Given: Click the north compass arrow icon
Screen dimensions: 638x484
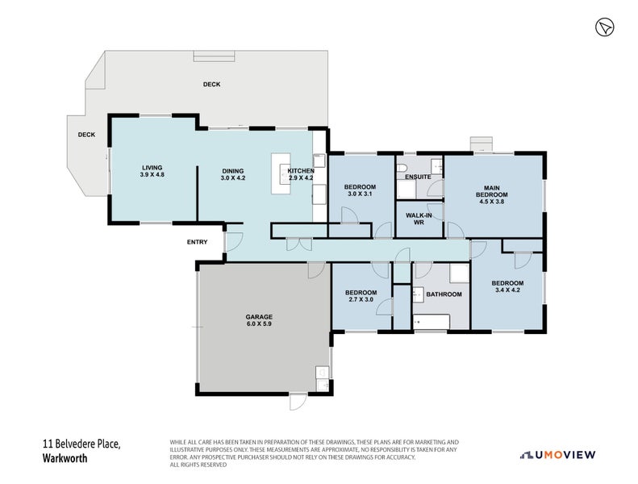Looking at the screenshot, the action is pyautogui.click(x=605, y=27).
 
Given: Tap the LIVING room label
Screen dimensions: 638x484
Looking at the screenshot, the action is pyautogui.click(x=152, y=167).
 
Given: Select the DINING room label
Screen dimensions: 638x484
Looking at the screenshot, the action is pyautogui.click(x=233, y=171).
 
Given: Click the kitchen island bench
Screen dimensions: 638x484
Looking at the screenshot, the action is pyautogui.click(x=281, y=173).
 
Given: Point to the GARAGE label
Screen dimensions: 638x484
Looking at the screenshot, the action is pyautogui.click(x=259, y=317).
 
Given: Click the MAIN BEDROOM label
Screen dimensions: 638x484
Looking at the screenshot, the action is pyautogui.click(x=492, y=191).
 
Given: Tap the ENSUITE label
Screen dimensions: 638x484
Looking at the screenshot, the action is pyautogui.click(x=418, y=177).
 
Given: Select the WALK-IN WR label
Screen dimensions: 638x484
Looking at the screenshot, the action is pyautogui.click(x=419, y=219).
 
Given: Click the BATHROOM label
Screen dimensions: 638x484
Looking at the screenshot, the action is pyautogui.click(x=444, y=294).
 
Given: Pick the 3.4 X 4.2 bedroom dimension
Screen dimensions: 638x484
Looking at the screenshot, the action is pyautogui.click(x=507, y=290).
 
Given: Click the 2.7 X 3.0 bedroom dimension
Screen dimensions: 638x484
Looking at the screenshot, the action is pyautogui.click(x=361, y=299).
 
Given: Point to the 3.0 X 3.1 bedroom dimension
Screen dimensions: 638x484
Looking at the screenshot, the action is pyautogui.click(x=360, y=194).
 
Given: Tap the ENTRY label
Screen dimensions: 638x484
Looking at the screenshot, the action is pyautogui.click(x=198, y=242).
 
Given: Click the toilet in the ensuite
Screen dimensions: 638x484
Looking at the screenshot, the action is pyautogui.click(x=402, y=168).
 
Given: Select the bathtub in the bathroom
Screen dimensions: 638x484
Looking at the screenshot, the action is pyautogui.click(x=432, y=322).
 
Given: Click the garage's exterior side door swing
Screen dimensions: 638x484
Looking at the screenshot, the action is pyautogui.click(x=298, y=402).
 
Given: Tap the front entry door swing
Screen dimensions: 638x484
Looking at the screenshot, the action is pyautogui.click(x=234, y=242).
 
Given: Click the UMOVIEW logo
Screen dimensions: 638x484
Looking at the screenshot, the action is pyautogui.click(x=558, y=455).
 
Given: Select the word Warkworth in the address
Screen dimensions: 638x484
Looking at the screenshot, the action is pyautogui.click(x=65, y=458).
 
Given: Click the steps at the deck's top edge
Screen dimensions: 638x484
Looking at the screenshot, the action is pyautogui.click(x=214, y=56).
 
